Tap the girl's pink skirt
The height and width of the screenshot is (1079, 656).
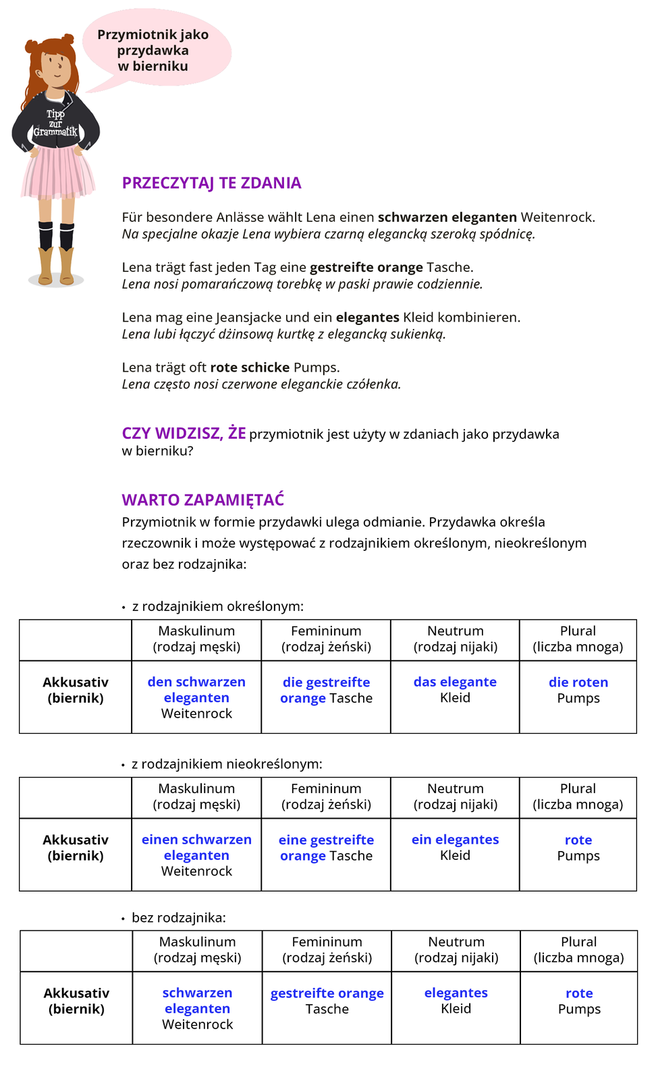pyautogui.click(x=58, y=172)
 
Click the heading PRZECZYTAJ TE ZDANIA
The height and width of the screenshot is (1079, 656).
pyautogui.click(x=211, y=183)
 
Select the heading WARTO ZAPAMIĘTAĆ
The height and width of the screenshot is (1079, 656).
pyautogui.click(x=202, y=500)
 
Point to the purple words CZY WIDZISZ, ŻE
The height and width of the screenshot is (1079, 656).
pyautogui.click(x=184, y=433)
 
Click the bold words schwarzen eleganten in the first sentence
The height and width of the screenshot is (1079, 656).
pyautogui.click(x=447, y=217)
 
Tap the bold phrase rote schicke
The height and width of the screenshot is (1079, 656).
pyautogui.click(x=250, y=368)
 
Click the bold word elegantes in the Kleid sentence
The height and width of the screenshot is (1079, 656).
pyautogui.click(x=367, y=317)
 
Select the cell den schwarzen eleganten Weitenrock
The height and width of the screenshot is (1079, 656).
pyautogui.click(x=196, y=697)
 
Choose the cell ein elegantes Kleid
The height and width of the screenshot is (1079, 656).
pyautogui.click(x=455, y=848)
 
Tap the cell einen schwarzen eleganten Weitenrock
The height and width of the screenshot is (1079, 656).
pyautogui.click(x=196, y=855)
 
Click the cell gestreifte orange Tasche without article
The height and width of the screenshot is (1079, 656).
pyautogui.click(x=327, y=1001)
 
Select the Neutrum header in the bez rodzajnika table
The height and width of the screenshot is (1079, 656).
pyautogui.click(x=456, y=950)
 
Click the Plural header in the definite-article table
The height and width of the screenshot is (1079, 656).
pyautogui.click(x=578, y=639)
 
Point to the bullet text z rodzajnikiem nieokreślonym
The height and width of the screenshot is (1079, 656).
pyautogui.click(x=227, y=764)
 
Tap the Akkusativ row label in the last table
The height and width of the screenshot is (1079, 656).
pyautogui.click(x=76, y=1001)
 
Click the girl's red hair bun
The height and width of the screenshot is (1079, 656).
pyautogui.click(x=67, y=40)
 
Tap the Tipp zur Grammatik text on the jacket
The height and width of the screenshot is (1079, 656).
pyautogui.click(x=55, y=123)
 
